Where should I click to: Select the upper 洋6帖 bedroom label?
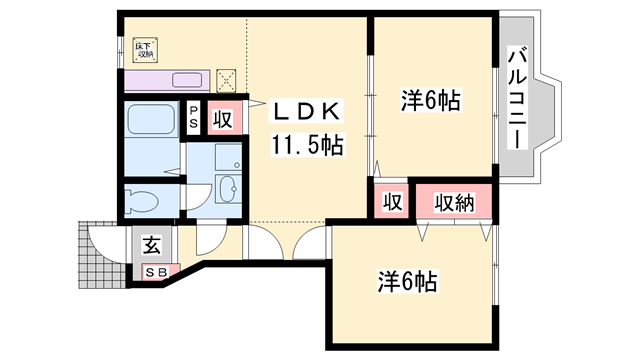tap(431, 102)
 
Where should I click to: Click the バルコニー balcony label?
tap(517, 98)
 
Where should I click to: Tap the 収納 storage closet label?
tap(453, 201)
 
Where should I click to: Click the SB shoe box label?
tap(158, 270)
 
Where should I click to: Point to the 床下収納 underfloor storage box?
tap(144, 48)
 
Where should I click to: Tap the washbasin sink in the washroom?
tap(226, 187)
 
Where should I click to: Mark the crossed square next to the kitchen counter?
tap(227, 79)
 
